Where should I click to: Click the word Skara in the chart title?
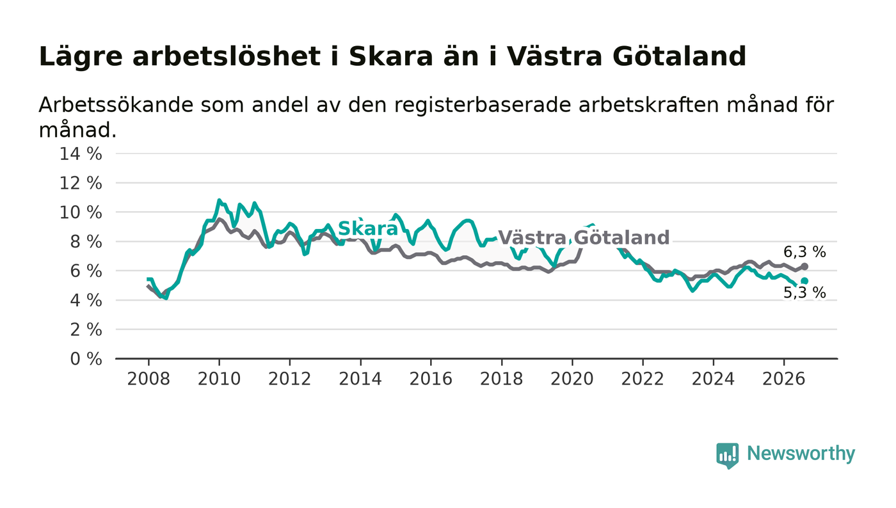391,56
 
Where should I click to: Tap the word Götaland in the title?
679,56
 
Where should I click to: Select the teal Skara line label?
368,228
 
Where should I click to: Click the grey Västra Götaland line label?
584,237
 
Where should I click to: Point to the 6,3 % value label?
804,252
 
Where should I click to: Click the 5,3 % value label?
804,293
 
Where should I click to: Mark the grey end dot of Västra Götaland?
804,266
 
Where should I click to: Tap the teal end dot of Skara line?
804,281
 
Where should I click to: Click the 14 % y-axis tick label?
81,154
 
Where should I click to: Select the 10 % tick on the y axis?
81,213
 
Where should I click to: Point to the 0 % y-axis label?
86,359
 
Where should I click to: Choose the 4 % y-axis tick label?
86,301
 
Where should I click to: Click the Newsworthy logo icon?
727,456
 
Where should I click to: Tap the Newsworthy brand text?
801,454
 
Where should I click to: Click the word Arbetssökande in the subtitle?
116,105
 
